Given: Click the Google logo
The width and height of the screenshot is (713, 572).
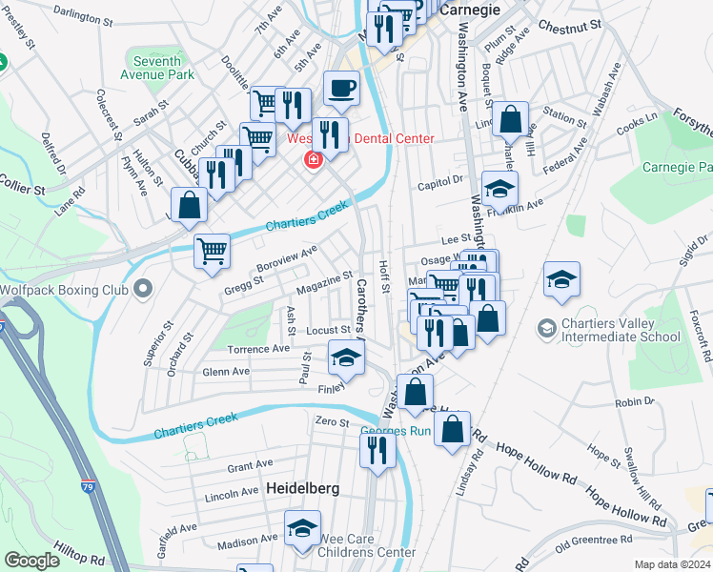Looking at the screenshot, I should click(31, 561).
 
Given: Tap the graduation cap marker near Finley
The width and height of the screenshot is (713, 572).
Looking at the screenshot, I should click(346, 359).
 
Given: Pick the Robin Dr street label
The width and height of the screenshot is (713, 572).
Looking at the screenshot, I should click(634, 402).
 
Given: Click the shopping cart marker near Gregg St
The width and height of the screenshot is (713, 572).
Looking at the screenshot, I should click(212, 253).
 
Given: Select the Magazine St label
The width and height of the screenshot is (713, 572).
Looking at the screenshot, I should click(325, 282).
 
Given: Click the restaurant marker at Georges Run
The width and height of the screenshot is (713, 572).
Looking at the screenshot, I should click(377, 449).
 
